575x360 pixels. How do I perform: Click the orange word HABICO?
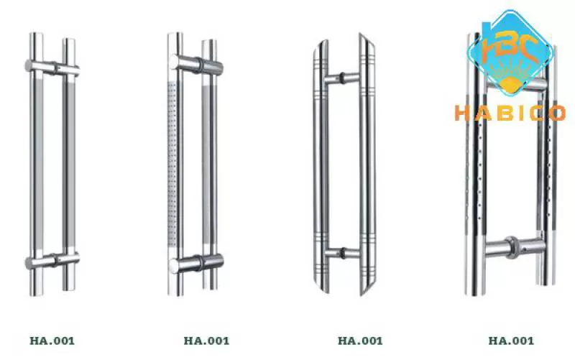pos(510,113)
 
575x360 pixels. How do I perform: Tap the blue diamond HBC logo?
pos(510,53)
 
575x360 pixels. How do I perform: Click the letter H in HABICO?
pos(462,113)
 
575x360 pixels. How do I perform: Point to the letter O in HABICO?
pos(557,113)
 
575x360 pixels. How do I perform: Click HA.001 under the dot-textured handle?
pos(206,341)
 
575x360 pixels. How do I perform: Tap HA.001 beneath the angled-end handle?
pos(360,341)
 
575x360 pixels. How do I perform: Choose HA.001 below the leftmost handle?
pos(52,341)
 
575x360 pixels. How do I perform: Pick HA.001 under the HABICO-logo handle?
pos(511,341)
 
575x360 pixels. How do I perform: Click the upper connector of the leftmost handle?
pos(52,68)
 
